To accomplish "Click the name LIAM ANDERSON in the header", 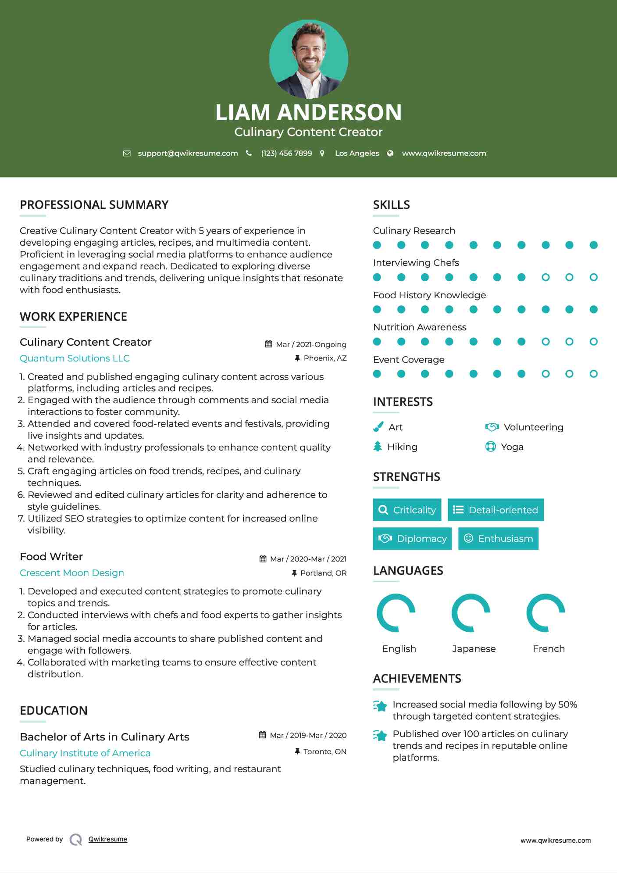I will (x=308, y=112).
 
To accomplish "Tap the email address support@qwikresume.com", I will (x=188, y=153).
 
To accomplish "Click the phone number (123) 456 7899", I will (x=286, y=153).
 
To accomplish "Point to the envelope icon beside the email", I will (x=127, y=154).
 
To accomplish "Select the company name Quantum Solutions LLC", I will (x=75, y=358).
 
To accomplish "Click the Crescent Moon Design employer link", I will (x=72, y=573).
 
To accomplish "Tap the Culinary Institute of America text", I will (x=85, y=753).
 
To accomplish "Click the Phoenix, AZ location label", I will (x=325, y=358).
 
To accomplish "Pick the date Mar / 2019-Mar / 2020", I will (x=308, y=735).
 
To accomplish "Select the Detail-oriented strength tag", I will (x=496, y=510).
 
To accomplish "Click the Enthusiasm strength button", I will (x=498, y=539).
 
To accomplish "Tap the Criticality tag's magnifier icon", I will (x=383, y=510).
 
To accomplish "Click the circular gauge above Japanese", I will (x=471, y=613).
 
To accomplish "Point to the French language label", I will (x=549, y=649).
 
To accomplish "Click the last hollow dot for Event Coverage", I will (x=593, y=374).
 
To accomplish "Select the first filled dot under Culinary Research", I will (x=377, y=245).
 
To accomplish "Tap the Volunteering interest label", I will (x=533, y=427).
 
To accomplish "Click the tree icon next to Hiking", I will (x=378, y=447).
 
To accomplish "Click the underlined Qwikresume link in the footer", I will (x=108, y=839).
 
